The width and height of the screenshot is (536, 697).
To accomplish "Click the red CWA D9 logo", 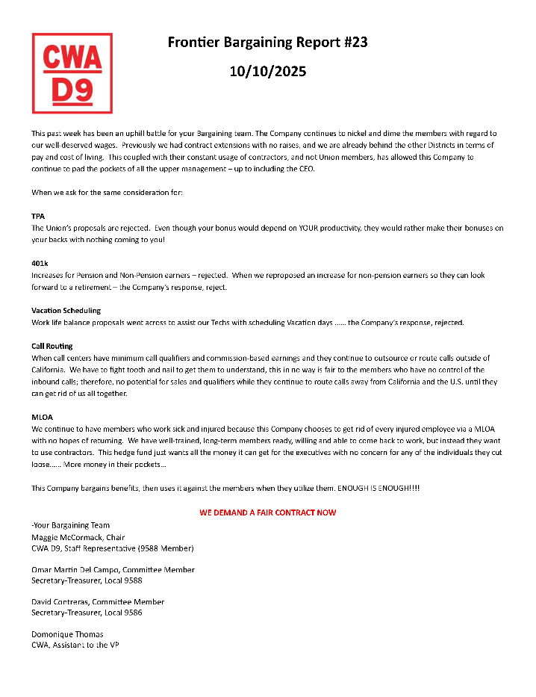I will pos(72,73).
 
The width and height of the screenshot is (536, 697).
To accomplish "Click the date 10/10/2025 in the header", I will pos(267,72).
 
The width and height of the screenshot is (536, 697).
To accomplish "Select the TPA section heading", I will pos(38,216).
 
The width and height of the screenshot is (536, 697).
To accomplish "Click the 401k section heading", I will pos(40,263).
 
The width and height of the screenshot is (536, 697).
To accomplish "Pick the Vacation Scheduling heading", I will pos(66,310).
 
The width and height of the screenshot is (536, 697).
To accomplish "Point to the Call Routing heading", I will pos(52,347).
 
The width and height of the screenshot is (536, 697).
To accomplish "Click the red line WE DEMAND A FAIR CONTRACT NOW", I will pos(267,512).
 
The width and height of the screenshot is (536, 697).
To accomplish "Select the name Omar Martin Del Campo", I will pos(78,569).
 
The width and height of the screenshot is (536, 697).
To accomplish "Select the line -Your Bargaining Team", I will pos(70,525).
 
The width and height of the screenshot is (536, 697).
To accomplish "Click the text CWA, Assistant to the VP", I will pos(75,645).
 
